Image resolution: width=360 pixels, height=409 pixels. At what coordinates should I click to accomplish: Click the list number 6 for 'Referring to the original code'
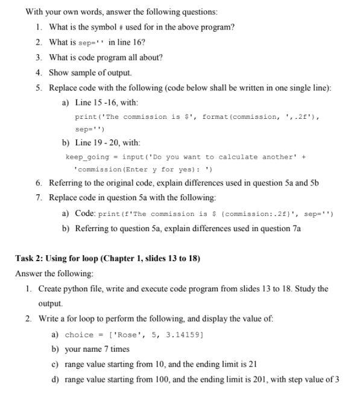pos(38,183)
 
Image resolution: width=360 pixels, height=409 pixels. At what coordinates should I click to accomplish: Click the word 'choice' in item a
pos(79,335)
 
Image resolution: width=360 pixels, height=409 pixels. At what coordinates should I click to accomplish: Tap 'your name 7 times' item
pos(96,349)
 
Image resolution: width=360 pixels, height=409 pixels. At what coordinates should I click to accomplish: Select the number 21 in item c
pos(253,364)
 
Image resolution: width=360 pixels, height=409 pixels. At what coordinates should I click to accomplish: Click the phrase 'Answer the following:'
pos(54,274)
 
